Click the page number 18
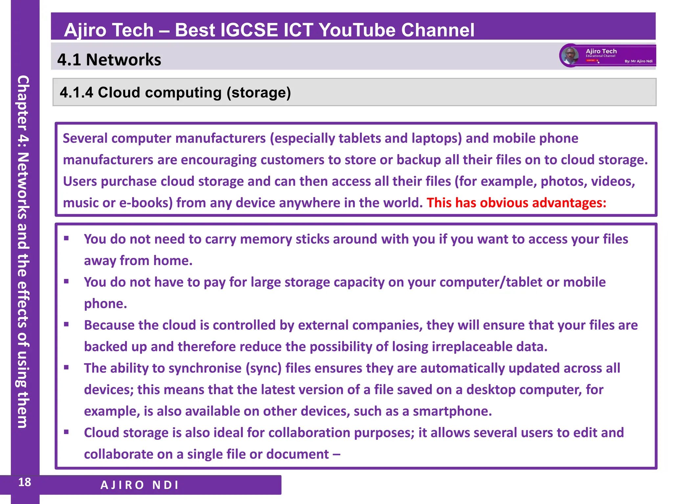click(x=25, y=482)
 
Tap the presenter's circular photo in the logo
click(x=570, y=55)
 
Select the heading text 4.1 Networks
click(x=109, y=60)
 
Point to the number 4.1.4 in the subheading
click(x=77, y=93)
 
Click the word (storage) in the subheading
click(x=259, y=93)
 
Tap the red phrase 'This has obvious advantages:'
click(x=516, y=203)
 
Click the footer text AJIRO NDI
click(x=140, y=485)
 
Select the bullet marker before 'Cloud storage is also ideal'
click(x=66, y=432)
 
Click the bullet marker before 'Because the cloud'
click(x=66, y=325)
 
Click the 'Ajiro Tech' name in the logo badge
click(x=601, y=51)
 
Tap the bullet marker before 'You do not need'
click(x=66, y=239)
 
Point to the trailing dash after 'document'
click(x=336, y=454)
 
